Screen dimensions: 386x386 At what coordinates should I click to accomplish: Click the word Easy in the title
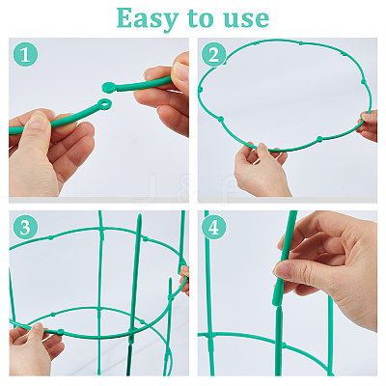[x=148, y=18]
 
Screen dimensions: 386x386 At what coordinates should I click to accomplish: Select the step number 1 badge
[x=25, y=55]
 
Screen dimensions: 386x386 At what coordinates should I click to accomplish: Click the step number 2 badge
[x=214, y=55]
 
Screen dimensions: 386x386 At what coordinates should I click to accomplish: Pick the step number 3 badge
[x=25, y=227]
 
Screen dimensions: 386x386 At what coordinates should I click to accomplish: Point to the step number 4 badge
[x=214, y=227]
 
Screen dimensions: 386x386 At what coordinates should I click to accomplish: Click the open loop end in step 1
[x=105, y=104]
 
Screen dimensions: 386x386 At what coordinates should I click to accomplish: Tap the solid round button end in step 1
[x=109, y=87]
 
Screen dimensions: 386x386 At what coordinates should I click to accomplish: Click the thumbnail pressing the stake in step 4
[x=283, y=271]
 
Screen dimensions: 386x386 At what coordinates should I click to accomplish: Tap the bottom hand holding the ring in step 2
[x=260, y=170]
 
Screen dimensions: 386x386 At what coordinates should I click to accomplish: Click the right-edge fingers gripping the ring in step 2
[x=369, y=125]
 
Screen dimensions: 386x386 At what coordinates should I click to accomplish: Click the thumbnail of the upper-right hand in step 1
[x=181, y=71]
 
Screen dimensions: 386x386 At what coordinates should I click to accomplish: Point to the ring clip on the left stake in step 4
[x=211, y=336]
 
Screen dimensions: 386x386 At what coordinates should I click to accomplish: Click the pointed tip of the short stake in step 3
[x=170, y=279]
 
